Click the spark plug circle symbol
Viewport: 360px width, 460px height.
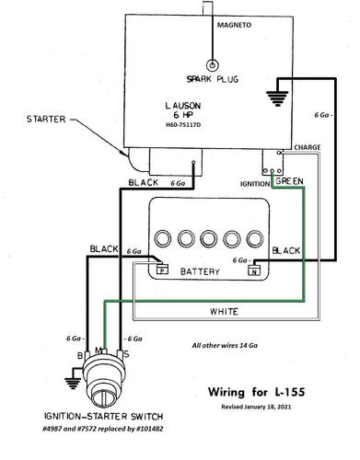[212, 65]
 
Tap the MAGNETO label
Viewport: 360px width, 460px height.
[234, 25]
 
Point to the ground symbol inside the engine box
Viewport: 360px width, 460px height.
[277, 98]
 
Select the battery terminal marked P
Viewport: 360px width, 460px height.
[162, 270]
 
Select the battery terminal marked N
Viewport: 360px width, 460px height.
[254, 270]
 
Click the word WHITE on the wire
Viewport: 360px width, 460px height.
[224, 312]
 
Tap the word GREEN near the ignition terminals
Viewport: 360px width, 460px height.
[289, 181]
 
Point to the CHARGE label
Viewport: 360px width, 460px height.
[308, 147]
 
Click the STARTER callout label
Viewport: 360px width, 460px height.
[46, 119]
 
